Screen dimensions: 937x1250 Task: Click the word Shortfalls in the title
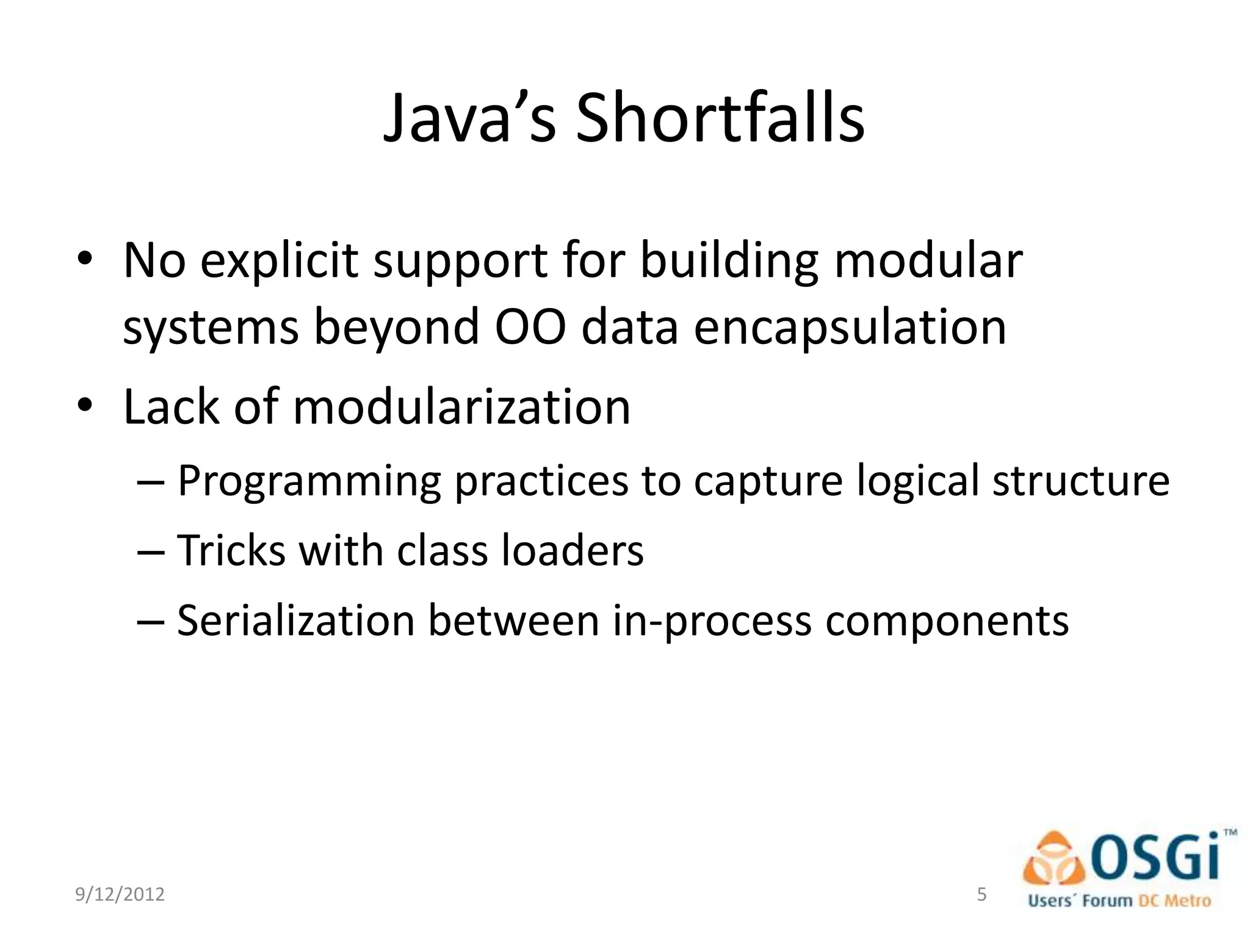720,119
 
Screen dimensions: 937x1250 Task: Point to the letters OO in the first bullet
530,328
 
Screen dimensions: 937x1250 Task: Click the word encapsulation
850,328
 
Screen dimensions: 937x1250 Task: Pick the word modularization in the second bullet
461,407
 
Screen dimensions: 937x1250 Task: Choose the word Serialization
295,621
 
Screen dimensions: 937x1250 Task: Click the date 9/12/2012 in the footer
120,894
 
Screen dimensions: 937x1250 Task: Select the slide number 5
981,894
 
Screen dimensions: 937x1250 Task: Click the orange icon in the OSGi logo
1055,859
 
